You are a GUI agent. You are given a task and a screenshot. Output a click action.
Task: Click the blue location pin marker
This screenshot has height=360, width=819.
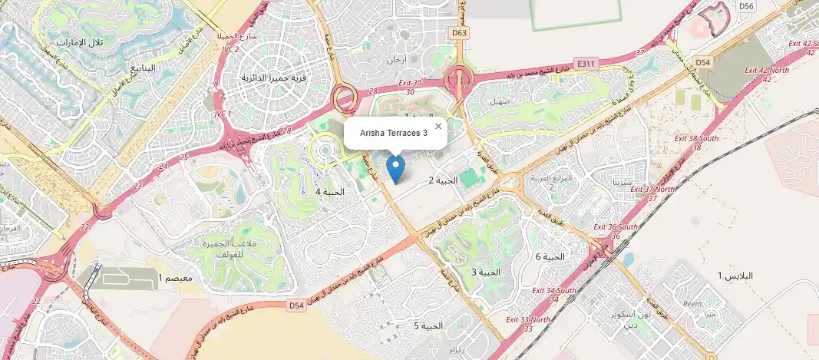coord(395,168)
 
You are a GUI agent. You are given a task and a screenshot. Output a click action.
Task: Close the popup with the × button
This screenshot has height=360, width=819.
coord(438,126)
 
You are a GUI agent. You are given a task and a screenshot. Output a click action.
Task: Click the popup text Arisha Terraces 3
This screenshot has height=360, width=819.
coord(394,134)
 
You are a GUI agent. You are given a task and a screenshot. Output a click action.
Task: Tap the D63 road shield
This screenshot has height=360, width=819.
coord(459,33)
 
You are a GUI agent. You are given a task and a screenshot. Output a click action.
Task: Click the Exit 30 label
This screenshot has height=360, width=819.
coord(411,83)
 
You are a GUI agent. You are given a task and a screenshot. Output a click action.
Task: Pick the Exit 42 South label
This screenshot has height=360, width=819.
coord(800,44)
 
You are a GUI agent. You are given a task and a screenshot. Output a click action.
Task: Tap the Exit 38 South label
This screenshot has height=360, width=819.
coord(696,139)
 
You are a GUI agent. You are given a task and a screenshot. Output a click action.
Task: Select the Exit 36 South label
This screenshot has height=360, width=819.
coord(616,227)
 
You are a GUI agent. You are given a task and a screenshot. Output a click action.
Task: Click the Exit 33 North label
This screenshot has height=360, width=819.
coord(528,319)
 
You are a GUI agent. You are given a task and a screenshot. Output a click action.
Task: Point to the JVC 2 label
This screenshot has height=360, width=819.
coord(230,49)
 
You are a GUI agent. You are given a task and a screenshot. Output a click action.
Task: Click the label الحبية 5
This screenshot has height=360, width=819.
coord(428,326)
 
